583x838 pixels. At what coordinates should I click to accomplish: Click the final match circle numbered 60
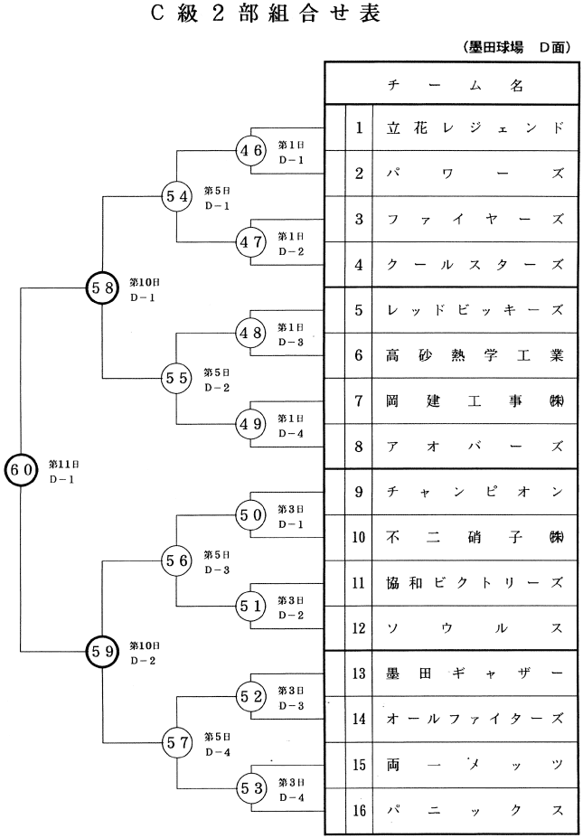coord(21,468)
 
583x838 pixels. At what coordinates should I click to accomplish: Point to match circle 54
coord(176,195)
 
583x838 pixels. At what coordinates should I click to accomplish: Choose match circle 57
coord(176,742)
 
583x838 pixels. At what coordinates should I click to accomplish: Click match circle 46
coord(250,150)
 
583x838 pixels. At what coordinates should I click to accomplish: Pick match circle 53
coord(250,787)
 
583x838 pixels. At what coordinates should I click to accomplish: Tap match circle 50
coord(250,514)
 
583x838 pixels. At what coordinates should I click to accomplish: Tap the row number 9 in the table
coord(359,492)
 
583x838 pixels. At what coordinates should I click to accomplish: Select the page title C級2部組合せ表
coord(255,15)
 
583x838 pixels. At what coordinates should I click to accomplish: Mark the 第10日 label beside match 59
coord(145,645)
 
